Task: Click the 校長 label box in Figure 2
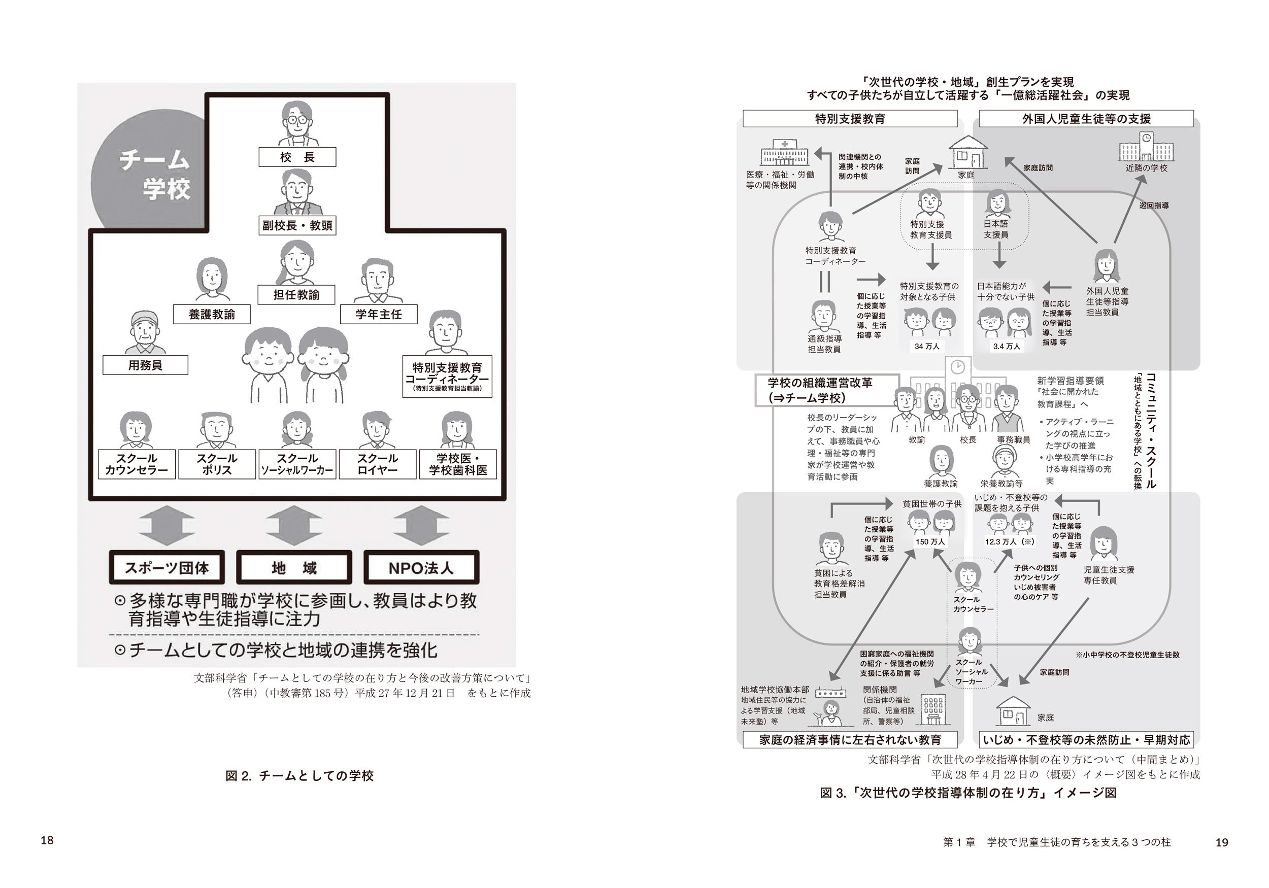coord(297,157)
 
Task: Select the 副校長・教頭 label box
coord(297,225)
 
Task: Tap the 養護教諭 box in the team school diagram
coord(212,315)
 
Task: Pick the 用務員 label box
coord(145,365)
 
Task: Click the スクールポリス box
coord(217,464)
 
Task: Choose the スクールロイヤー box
coord(378,464)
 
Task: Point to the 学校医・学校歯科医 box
coord(458,464)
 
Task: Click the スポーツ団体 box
coord(167,567)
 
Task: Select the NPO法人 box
coord(421,567)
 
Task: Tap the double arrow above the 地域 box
coord(294,526)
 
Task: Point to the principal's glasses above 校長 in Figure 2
coord(297,119)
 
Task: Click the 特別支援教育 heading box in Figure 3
coord(850,119)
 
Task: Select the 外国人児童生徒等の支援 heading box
coord(1086,119)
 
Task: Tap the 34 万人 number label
coord(927,347)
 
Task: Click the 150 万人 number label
coord(930,541)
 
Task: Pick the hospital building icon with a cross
coord(784,153)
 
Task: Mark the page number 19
coord(1222,842)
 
